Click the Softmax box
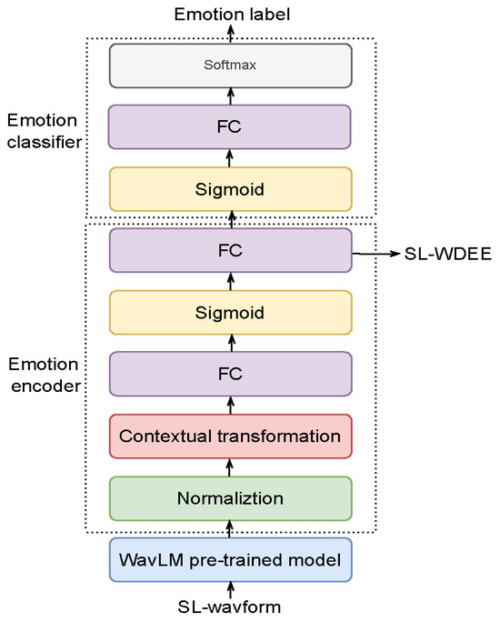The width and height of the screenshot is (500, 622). [229, 65]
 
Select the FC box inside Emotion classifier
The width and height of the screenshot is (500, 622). [229, 126]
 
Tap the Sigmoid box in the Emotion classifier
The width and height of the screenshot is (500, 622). [229, 188]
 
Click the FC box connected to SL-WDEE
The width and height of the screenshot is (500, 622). [229, 249]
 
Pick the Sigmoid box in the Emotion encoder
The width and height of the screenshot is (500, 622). [229, 312]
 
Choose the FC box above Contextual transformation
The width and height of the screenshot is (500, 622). [229, 374]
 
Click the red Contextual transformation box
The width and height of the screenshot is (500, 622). [229, 436]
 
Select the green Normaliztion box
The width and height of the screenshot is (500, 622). [229, 497]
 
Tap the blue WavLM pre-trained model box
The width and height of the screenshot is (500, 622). [229, 559]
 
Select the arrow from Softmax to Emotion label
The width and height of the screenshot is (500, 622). [230, 33]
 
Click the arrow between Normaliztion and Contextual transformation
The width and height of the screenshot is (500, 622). [230, 466]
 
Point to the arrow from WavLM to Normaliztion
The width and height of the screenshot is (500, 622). [230, 528]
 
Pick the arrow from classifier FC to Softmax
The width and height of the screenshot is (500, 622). [230, 95]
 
